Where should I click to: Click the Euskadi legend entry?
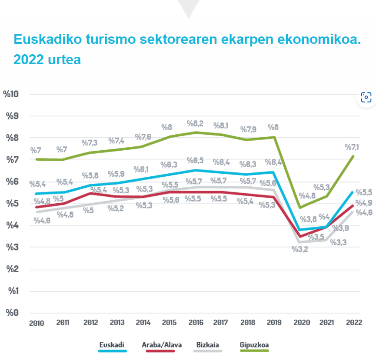112,346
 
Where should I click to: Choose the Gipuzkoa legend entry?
254,346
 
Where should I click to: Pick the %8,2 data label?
195,123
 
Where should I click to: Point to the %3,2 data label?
300,249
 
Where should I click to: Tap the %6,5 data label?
195,161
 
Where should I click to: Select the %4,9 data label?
364,203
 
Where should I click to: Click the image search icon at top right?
366,97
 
